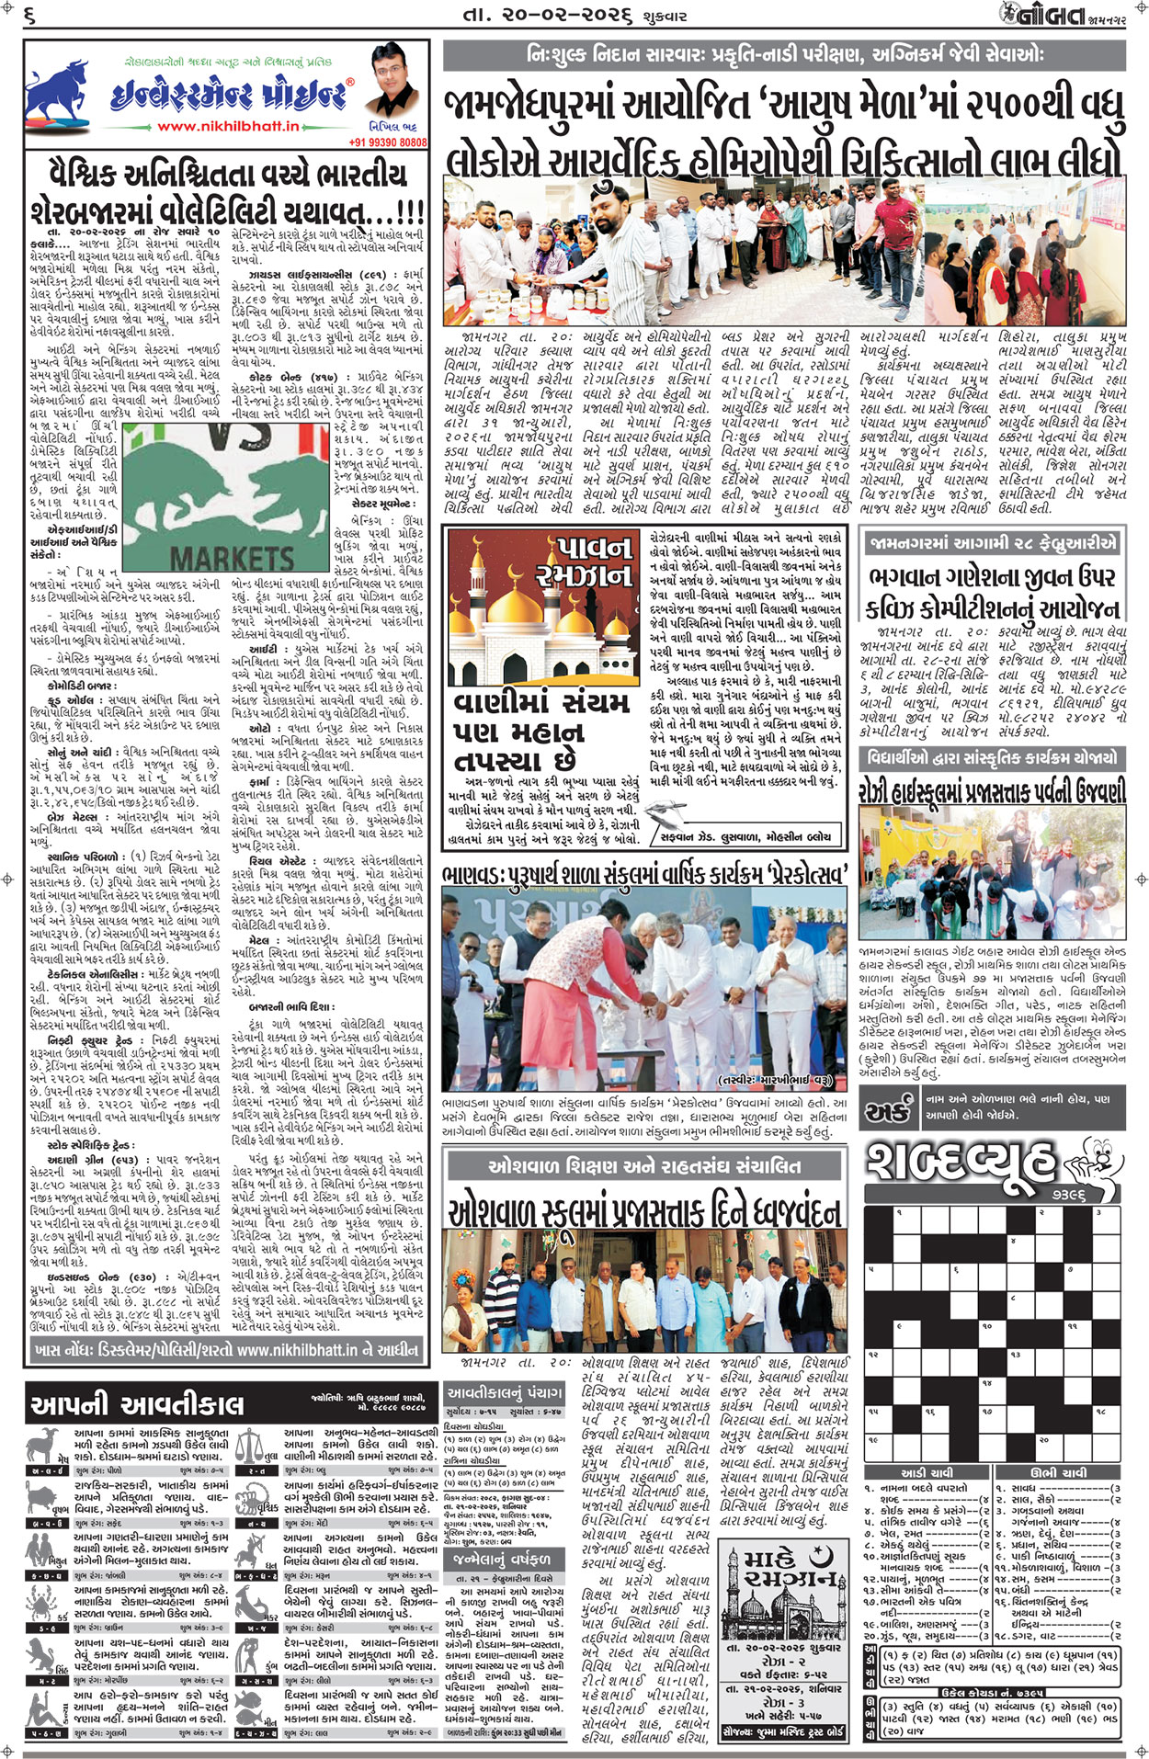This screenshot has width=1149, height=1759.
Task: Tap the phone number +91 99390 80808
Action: point(387,142)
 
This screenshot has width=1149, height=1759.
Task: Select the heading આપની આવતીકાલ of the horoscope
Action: point(137,1405)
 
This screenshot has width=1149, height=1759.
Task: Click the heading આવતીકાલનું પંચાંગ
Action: point(504,1392)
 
